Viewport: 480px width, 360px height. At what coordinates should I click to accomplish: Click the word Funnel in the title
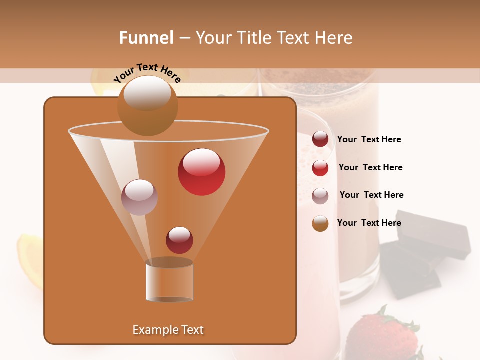[146, 38]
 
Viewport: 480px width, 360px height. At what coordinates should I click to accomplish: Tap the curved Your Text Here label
[147, 73]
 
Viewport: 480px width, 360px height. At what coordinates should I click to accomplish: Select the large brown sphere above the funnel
[147, 105]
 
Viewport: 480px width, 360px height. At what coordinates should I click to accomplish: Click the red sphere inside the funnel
[201, 172]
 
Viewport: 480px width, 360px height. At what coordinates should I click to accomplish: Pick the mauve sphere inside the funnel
[139, 197]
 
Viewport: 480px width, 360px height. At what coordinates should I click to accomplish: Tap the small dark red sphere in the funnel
[179, 240]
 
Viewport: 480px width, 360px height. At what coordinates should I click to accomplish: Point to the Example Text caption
[168, 330]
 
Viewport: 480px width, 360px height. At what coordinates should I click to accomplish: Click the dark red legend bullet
[320, 139]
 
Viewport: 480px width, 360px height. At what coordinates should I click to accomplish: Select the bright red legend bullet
[320, 168]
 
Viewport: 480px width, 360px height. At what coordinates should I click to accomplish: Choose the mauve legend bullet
[320, 196]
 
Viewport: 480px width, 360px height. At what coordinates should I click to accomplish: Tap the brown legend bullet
[320, 223]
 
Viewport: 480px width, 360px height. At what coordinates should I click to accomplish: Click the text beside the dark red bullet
[369, 139]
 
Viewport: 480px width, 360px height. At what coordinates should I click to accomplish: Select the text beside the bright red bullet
[371, 167]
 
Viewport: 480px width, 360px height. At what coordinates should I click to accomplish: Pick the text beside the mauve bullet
[372, 195]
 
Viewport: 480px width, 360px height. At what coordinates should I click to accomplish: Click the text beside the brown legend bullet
[369, 223]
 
